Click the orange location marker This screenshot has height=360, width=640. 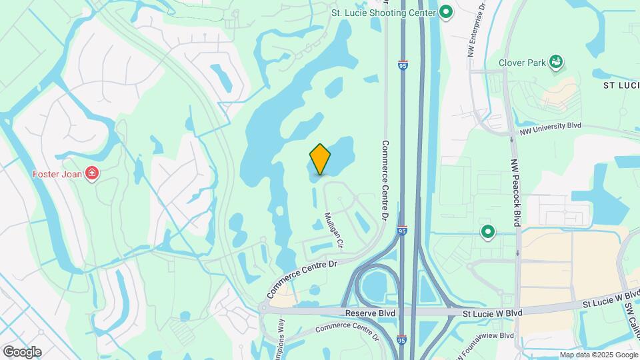[x=320, y=159]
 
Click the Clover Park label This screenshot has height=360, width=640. [x=521, y=64]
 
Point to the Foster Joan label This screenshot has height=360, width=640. [x=57, y=175]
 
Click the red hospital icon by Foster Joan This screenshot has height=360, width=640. [x=91, y=175]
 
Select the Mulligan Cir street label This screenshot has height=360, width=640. [x=333, y=230]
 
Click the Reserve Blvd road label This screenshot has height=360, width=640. [x=370, y=313]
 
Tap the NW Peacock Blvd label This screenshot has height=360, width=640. [x=515, y=191]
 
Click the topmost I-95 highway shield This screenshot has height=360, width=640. [x=403, y=65]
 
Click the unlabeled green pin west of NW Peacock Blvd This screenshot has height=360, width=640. [x=488, y=232]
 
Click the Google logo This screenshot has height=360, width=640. [x=22, y=352]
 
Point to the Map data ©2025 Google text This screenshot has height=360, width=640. [x=598, y=355]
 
